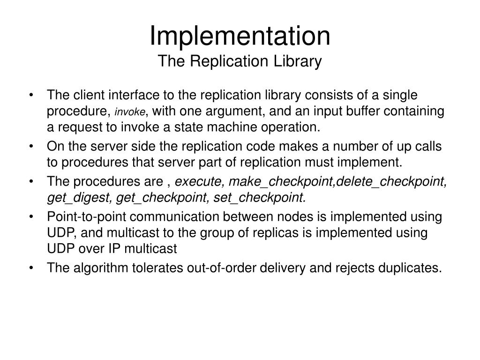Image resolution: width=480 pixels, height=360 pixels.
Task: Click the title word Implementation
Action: coord(240,36)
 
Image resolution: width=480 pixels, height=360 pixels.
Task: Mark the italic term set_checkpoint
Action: coord(259,198)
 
